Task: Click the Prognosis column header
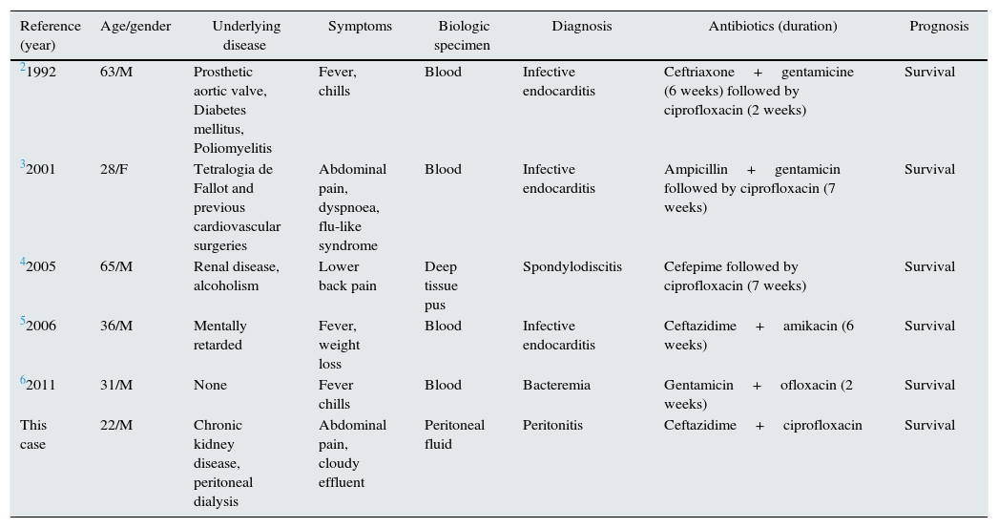coord(938,27)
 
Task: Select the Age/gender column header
coord(135,27)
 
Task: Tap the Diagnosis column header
coord(581,27)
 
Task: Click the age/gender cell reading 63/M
coord(116,73)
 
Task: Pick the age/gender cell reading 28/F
coord(114,170)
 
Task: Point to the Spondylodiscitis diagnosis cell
coord(572,267)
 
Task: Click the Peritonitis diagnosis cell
coord(552,426)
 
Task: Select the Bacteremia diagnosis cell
coord(556,386)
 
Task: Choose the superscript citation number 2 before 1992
coord(23,68)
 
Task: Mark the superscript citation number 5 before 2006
coord(23,322)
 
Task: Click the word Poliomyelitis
coord(232,149)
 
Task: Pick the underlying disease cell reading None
coord(210,386)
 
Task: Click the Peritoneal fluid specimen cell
coord(454,435)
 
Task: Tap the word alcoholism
coord(225,286)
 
